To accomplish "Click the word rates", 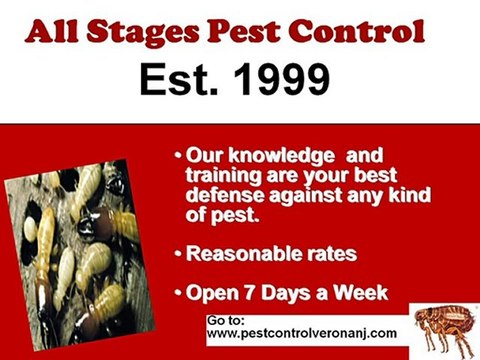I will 327,254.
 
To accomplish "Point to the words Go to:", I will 225,319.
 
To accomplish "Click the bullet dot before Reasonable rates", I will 178,255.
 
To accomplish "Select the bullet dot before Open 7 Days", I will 178,294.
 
